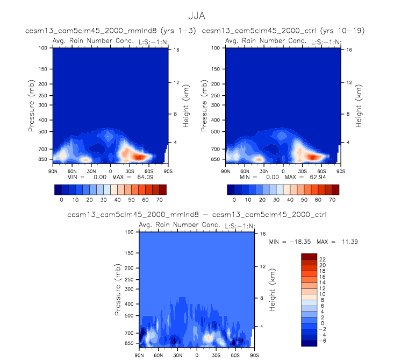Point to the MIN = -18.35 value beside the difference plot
(x=293, y=242)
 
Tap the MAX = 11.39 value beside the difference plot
(x=343, y=242)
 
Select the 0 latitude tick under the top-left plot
(x=111, y=171)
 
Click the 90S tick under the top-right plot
(x=341, y=171)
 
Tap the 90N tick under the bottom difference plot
(x=139, y=355)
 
